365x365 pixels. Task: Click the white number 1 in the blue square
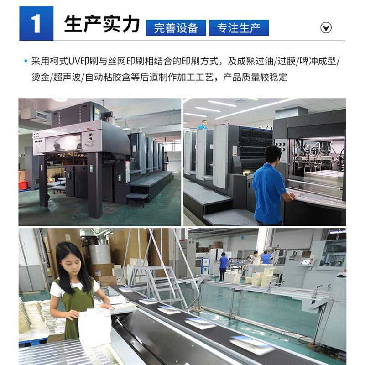point(36,24)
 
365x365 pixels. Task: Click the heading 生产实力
point(101,24)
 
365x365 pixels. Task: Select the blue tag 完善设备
point(176,28)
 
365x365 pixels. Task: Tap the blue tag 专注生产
point(239,28)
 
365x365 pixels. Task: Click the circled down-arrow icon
point(326,28)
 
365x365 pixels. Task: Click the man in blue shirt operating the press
point(269,185)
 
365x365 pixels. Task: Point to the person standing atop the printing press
point(202,125)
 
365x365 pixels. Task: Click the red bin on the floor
point(23,185)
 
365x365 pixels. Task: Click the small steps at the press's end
point(137,198)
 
